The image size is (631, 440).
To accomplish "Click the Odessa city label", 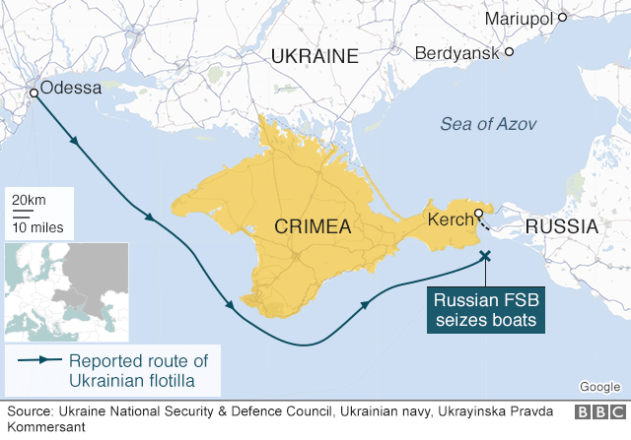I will [71, 89].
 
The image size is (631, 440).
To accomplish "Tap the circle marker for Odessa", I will [35, 93].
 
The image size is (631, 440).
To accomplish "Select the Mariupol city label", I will [520, 19].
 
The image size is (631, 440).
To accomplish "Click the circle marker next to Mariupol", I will [562, 17].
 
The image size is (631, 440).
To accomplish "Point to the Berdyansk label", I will [456, 52].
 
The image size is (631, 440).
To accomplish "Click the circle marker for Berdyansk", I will [511, 50].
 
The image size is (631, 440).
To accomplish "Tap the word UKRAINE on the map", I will [315, 56].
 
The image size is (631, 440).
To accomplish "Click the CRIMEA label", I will [315, 227].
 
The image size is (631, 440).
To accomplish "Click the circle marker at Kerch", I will [478, 214].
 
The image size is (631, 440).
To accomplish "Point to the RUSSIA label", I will [561, 227].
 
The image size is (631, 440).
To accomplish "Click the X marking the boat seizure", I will [484, 257].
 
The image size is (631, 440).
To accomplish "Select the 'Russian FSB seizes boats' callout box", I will [487, 309].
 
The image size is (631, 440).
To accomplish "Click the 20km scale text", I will [29, 201].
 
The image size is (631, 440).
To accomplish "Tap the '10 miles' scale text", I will [37, 227].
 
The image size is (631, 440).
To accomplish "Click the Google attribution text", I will [599, 387].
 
